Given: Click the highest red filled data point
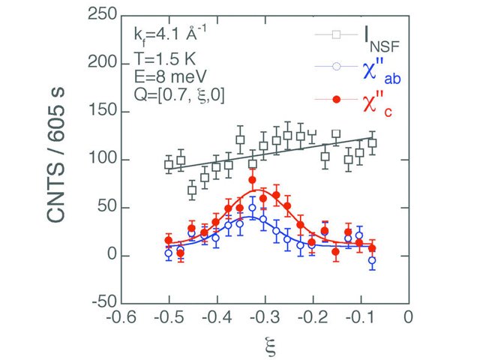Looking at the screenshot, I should [252, 180].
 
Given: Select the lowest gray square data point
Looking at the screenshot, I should [192, 190].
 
